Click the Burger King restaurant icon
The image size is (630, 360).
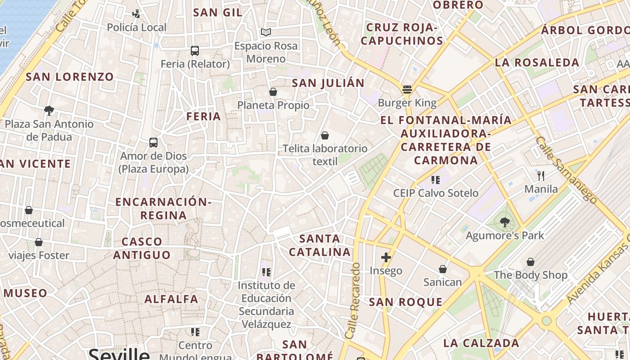pyautogui.click(x=407, y=89)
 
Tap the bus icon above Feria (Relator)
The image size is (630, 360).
pyautogui.click(x=195, y=51)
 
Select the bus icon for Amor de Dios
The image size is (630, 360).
pyautogui.click(x=153, y=143)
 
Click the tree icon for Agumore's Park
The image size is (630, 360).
pyautogui.click(x=504, y=221)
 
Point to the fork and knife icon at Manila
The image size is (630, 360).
pyautogui.click(x=541, y=175)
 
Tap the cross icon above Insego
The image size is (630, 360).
pyautogui.click(x=386, y=257)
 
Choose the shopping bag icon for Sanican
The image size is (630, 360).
pyautogui.click(x=443, y=269)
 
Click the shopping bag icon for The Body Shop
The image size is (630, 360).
pyautogui.click(x=531, y=262)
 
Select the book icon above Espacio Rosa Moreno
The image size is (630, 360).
pyautogui.click(x=266, y=32)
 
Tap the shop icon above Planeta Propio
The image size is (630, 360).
pyautogui.click(x=273, y=92)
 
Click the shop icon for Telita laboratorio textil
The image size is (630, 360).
pyautogui.click(x=325, y=135)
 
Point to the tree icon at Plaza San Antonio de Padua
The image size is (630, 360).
pyautogui.click(x=49, y=110)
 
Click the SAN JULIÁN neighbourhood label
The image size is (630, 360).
pyautogui.click(x=328, y=83)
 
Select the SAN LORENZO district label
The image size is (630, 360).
pyautogui.click(x=70, y=76)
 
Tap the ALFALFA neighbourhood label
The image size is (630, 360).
pyautogui.click(x=171, y=299)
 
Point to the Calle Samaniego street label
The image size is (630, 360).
pyautogui.click(x=566, y=170)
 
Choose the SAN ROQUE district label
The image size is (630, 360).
pyautogui.click(x=406, y=302)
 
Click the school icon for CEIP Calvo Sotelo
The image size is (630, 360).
pyautogui.click(x=435, y=180)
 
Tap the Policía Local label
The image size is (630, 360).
pyautogui.click(x=136, y=27)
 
